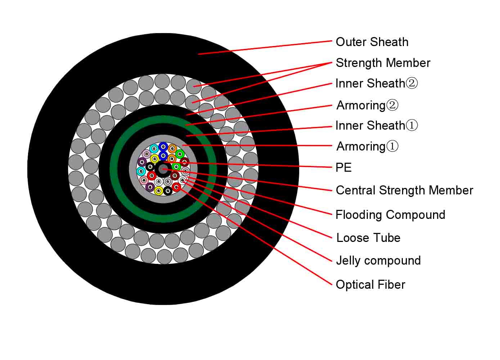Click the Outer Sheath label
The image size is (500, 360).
pos(372,42)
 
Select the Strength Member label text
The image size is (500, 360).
pos(383,63)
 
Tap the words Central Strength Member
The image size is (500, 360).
pos(404,190)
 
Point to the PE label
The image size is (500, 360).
pos(343,167)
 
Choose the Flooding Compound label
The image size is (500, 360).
pos(391,215)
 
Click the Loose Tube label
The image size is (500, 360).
pos(368,238)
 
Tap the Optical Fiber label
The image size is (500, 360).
pos(370,285)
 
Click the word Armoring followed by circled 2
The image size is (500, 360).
pos(361,105)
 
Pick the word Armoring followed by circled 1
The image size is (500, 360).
pos(361,147)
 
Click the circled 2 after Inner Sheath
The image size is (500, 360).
pos(411,84)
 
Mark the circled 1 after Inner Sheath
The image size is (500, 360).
pos(411,125)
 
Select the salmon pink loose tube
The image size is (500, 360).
pos(144,180)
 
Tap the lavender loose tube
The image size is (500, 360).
pos(147,154)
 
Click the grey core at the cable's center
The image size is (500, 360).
pos(163,170)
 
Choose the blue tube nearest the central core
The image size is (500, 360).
pos(163,156)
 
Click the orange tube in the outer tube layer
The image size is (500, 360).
pos(172,148)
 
